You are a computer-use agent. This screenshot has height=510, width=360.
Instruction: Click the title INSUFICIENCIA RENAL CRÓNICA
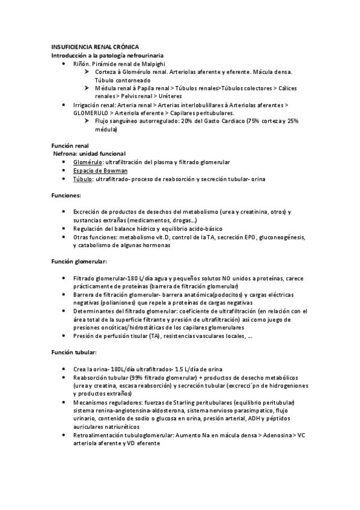[x=94, y=46]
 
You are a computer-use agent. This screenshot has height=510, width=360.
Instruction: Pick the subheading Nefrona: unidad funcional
[x=89, y=154]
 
